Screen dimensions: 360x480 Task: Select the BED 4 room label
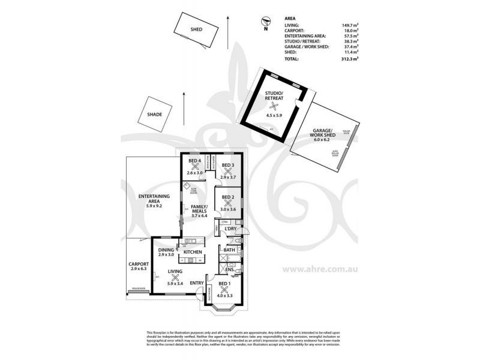click(x=194, y=161)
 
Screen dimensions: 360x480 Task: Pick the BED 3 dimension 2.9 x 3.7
click(x=228, y=177)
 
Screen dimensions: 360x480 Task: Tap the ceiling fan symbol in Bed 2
click(x=228, y=203)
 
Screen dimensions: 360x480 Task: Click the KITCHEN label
click(x=191, y=253)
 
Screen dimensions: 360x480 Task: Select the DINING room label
click(x=166, y=250)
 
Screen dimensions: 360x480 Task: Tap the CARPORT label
click(x=138, y=264)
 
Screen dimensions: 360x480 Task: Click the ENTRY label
click(x=197, y=283)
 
